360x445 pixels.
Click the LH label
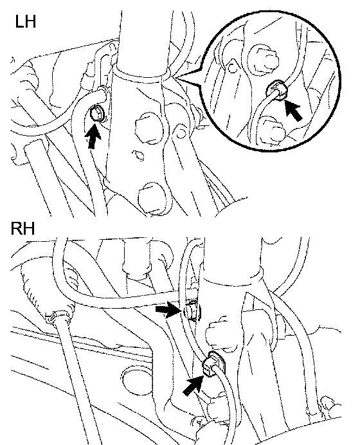coord(26,22)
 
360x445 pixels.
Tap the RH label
coord(22,228)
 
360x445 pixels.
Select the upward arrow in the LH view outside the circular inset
coord(93,136)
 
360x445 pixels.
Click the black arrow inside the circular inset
coord(292,109)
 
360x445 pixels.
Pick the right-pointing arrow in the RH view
coord(168,309)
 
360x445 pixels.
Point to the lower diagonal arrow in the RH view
coord(194,385)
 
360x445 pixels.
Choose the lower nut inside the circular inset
coord(271,130)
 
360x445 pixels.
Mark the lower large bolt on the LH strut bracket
coord(152,198)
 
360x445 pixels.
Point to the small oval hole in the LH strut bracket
coord(138,155)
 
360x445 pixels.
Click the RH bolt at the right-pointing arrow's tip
coord(192,311)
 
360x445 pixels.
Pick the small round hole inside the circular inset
coord(232,68)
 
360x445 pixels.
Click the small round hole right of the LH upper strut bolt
coord(181,133)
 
